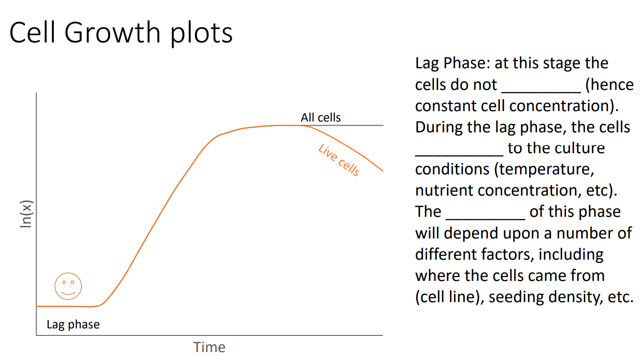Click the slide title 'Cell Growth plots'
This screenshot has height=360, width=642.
point(121,32)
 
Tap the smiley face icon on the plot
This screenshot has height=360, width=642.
point(68,286)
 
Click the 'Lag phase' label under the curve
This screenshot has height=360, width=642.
point(73,325)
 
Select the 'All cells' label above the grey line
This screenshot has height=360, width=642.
point(320,117)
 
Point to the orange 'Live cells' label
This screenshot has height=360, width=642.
point(339,160)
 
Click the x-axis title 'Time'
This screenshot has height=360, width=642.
point(209,347)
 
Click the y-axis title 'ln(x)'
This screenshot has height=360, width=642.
point(26,214)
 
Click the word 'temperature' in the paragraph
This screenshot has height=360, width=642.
point(546,169)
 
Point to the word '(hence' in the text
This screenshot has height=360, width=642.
point(609,84)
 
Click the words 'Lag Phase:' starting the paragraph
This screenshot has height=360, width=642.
point(452,63)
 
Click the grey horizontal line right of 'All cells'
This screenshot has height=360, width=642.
point(362,125)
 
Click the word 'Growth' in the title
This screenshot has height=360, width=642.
point(112,32)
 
